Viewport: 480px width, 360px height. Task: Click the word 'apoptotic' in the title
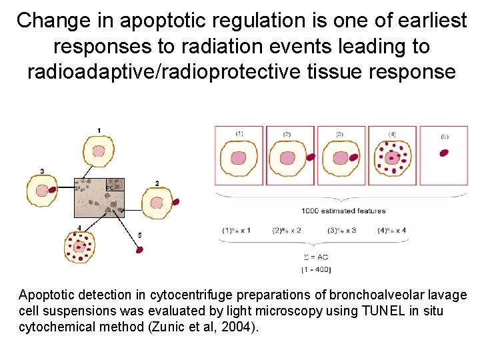pos(153,21)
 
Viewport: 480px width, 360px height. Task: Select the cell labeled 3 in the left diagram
pos(42,191)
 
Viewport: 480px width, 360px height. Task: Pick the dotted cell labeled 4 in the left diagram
pos(81,247)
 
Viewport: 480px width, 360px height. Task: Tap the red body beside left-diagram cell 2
pos(176,201)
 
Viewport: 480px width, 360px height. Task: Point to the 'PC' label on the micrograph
pos(110,188)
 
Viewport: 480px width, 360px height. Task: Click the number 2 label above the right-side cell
pos(157,183)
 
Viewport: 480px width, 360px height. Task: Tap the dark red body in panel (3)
pos(353,158)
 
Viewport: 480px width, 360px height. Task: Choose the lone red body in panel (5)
pos(444,153)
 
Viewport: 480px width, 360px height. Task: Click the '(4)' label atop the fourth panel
pos(392,134)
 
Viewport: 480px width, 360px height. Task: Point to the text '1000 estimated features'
pos(343,211)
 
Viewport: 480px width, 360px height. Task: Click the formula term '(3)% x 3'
pos(342,231)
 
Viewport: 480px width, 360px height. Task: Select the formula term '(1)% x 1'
pos(237,231)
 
